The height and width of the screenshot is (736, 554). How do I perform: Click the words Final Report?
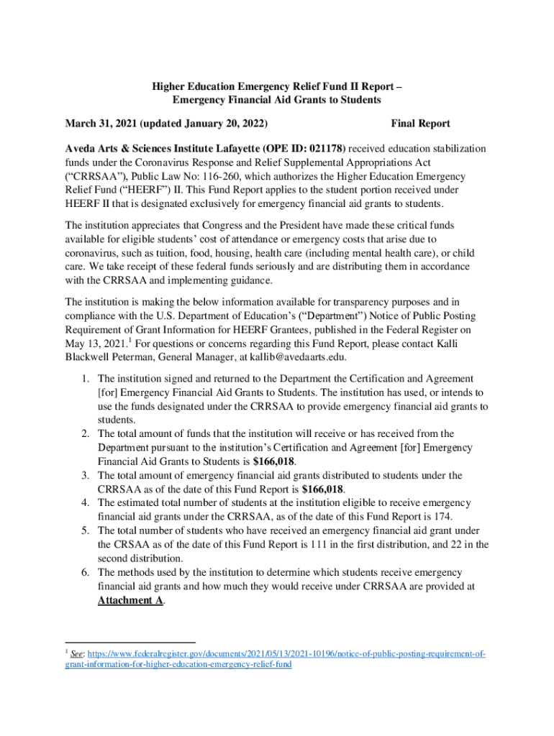point(420,124)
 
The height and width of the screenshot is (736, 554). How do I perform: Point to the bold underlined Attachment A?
point(130,600)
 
